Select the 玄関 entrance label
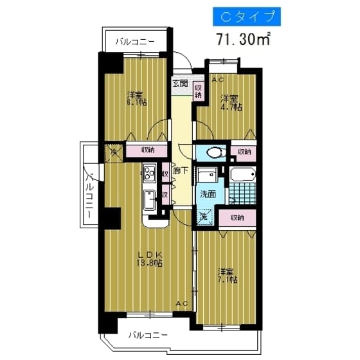(x=180, y=84)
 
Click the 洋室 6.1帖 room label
(x=135, y=98)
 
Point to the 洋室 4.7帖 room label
(x=230, y=103)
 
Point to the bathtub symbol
(x=242, y=174)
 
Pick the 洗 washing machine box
(x=203, y=217)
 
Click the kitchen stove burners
(x=150, y=174)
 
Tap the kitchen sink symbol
(x=149, y=200)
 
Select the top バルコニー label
(x=135, y=42)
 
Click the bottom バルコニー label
(x=148, y=335)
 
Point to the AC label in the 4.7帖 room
(x=217, y=79)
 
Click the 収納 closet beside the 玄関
(x=199, y=91)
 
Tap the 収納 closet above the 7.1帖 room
(x=238, y=217)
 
